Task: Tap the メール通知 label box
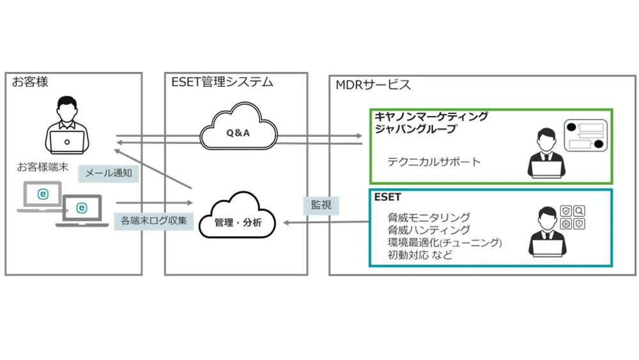108,172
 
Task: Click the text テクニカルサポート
434,162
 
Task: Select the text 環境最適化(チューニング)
445,242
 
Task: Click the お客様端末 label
43,168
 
